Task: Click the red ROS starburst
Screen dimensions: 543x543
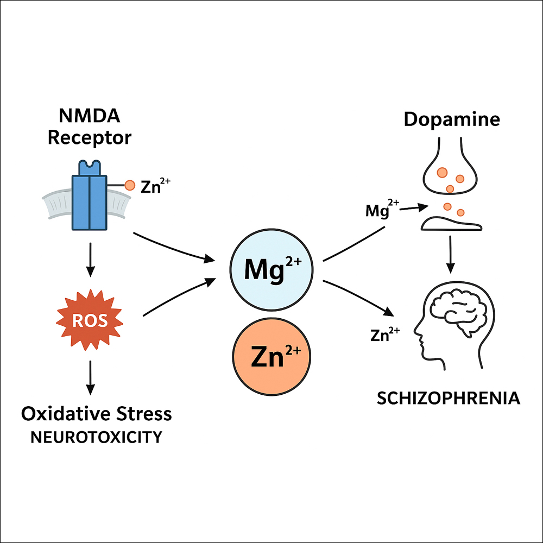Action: (90, 321)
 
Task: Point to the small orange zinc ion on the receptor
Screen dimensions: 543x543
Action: (130, 186)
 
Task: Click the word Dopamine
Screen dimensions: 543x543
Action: (452, 119)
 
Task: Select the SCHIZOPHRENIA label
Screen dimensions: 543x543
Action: (448, 398)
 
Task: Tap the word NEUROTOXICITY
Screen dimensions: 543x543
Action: (96, 437)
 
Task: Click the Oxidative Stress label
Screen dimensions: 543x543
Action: (97, 414)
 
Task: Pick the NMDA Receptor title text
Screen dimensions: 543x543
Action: (90, 127)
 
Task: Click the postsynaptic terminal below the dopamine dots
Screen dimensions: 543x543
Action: (450, 223)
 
